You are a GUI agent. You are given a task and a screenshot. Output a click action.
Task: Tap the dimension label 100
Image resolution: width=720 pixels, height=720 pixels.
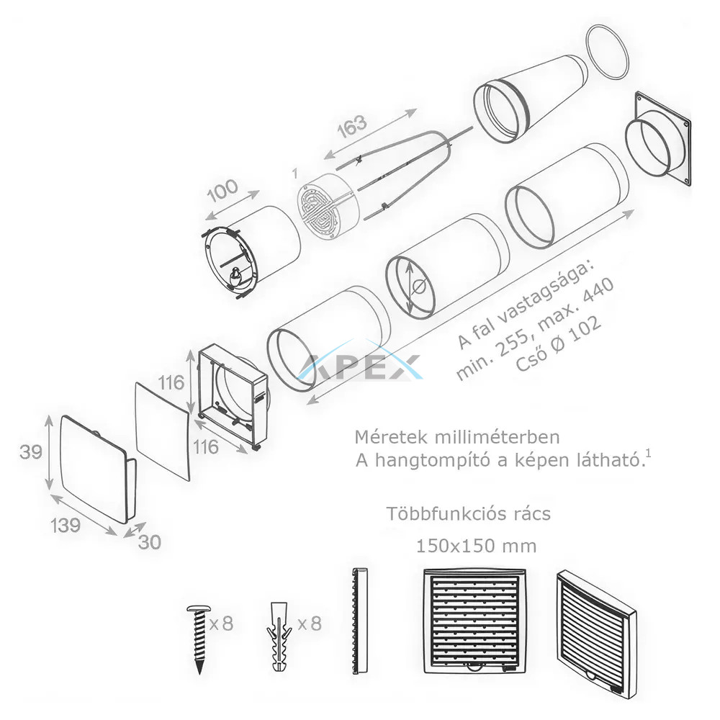[222, 191]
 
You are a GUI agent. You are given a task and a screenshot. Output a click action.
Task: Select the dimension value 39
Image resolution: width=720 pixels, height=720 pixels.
[31, 452]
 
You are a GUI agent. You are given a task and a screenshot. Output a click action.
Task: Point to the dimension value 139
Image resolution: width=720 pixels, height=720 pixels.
[66, 525]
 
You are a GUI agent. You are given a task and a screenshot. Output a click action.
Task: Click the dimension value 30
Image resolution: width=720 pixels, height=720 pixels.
[150, 542]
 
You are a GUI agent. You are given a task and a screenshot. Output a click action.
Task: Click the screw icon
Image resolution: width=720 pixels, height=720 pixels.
[199, 639]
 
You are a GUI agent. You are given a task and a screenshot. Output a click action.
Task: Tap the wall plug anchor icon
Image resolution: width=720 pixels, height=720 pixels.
[278, 637]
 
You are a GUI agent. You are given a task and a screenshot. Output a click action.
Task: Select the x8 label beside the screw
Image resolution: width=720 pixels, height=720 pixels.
[221, 624]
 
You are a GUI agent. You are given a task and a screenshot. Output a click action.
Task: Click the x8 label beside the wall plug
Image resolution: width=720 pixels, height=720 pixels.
[310, 624]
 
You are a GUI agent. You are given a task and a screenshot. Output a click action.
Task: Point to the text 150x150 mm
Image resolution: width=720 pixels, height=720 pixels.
[476, 546]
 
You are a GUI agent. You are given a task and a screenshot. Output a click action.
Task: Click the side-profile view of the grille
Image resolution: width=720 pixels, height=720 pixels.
[360, 621]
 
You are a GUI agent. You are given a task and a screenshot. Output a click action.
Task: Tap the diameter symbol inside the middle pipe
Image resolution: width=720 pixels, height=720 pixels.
[419, 287]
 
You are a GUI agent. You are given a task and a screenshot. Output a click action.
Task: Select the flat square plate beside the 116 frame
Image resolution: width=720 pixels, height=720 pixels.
[163, 431]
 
